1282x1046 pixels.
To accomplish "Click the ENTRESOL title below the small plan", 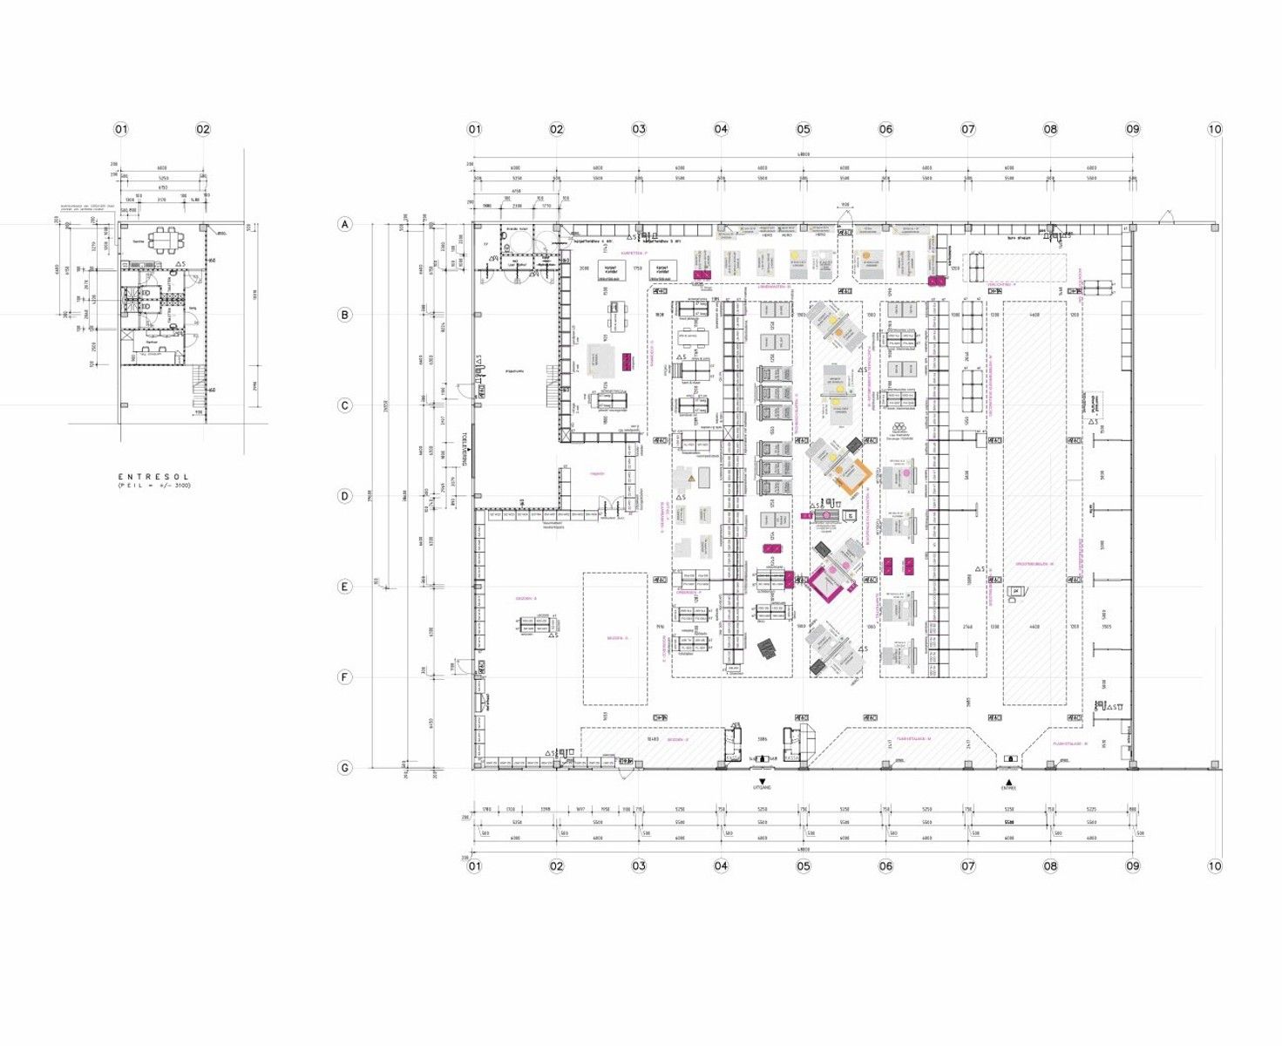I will pos(153,477).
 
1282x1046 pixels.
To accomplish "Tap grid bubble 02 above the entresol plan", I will pos(203,129).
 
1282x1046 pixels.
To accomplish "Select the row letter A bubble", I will pos(345,225).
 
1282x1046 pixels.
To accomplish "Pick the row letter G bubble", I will pos(345,768).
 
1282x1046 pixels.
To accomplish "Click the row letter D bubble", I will pos(345,496).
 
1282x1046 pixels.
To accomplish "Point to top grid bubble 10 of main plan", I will pos(1214,129).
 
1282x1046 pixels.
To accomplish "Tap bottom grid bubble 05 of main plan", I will pos(803,866).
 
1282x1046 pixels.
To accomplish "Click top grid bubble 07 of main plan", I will pos(967,129).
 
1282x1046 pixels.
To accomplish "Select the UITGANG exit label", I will pos(763,788).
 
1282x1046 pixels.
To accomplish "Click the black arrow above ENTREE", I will pos(1008,781).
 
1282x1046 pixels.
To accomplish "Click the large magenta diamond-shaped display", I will pos(828,580).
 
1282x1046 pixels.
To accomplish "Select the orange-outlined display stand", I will pos(849,475).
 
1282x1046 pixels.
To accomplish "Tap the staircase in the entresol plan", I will pos(200,382).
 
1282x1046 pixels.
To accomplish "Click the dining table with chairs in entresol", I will pos(162,238).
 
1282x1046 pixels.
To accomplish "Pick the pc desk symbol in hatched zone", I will pos(1016,594).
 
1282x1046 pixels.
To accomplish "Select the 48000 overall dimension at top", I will pos(802,154).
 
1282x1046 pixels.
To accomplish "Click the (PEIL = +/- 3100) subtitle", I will pos(153,486).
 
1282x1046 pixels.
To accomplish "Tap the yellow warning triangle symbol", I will pos(689,479).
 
